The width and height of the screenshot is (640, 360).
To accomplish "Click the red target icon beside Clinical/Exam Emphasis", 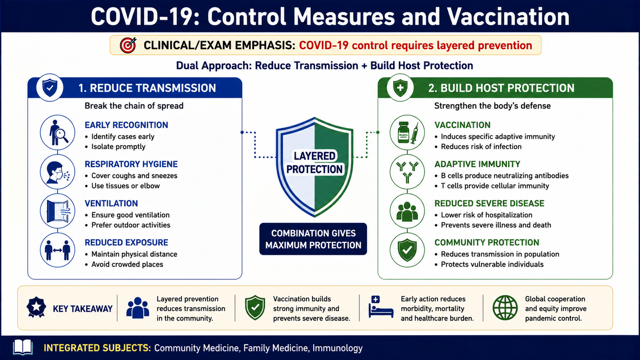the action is [x=128, y=45].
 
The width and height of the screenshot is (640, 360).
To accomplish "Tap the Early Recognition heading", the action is [x=126, y=125].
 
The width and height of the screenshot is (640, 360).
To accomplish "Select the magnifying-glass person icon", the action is [x=58, y=132].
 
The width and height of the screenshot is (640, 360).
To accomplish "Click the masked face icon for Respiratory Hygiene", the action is [x=58, y=172].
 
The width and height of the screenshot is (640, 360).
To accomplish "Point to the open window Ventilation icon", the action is [x=58, y=211].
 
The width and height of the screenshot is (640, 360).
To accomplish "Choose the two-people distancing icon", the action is [x=58, y=250].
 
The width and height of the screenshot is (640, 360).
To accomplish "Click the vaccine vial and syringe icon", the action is [x=408, y=132].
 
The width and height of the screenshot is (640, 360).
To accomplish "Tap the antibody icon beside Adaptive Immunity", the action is [x=408, y=172].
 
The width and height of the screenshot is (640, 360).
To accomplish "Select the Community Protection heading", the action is [x=487, y=242].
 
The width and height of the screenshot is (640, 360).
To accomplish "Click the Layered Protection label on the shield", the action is [x=314, y=162].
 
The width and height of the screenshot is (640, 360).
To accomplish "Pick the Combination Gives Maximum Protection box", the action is [x=313, y=239].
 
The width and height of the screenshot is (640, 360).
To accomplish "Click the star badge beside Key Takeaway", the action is [x=36, y=308].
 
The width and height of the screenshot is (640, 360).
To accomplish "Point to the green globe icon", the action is [x=505, y=308].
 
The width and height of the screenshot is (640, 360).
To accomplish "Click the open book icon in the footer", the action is [x=23, y=347].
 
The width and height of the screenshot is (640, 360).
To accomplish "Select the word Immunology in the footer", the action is [x=338, y=348].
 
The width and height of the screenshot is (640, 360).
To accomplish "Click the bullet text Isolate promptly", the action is [x=118, y=146].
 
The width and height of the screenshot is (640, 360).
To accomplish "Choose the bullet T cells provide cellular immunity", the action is [x=495, y=186].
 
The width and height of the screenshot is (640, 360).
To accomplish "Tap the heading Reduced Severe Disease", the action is [x=490, y=203].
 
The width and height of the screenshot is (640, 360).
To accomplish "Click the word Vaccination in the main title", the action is [x=508, y=17].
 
